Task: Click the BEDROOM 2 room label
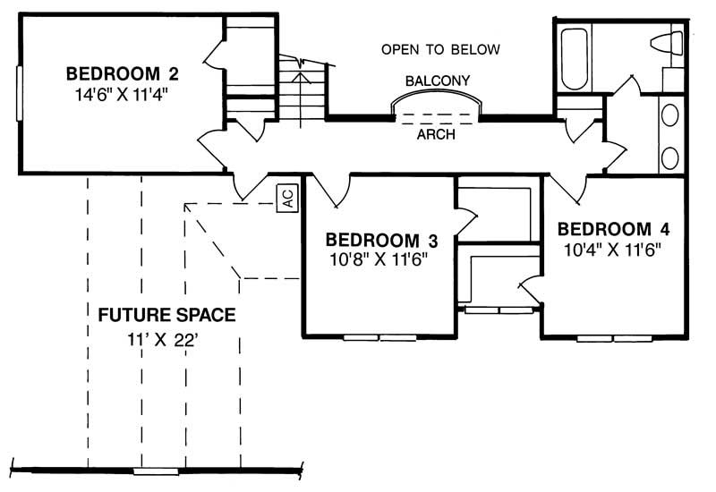[122, 73]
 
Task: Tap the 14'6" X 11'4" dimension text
[122, 94]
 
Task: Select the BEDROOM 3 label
[381, 240]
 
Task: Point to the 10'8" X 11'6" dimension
[379, 259]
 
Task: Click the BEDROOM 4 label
[613, 229]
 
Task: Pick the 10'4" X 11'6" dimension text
[613, 250]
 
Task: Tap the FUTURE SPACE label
[166, 315]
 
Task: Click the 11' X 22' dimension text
[163, 340]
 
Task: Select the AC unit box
[287, 198]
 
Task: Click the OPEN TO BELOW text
[440, 49]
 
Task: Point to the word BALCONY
[438, 81]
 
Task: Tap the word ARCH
[436, 134]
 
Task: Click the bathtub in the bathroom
[575, 59]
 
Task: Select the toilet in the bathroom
[667, 43]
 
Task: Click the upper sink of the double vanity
[669, 115]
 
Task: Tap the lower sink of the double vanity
[669, 158]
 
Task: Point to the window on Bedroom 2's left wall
[19, 94]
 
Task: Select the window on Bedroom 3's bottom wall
[379, 338]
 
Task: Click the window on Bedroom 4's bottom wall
[614, 339]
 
